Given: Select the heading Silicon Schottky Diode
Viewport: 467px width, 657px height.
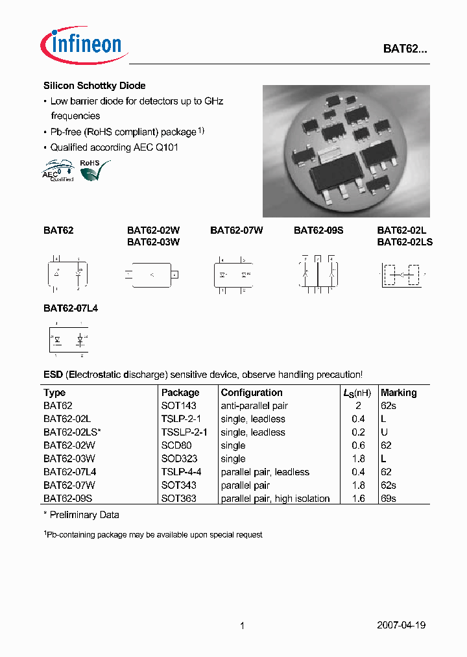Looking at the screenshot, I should [94, 86].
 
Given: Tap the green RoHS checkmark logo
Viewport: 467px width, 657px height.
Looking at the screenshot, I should [93, 169].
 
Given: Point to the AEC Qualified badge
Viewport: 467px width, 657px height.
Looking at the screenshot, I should [58, 171].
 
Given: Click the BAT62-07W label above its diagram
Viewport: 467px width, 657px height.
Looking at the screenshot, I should [236, 230].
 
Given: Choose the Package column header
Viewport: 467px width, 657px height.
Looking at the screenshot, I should [180, 393].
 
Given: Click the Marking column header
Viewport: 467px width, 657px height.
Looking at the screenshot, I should [398, 393].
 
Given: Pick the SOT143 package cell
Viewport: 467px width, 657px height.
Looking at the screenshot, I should [178, 406].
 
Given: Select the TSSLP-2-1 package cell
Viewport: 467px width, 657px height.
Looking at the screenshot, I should [184, 432].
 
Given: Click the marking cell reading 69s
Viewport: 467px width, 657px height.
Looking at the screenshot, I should [389, 499].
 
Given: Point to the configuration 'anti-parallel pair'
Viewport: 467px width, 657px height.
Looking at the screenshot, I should [254, 406].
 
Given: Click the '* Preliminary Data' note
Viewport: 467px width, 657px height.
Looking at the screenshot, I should [81, 515].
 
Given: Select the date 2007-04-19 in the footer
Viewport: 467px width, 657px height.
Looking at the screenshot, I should [401, 625].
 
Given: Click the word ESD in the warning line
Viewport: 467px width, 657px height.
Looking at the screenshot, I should [53, 375].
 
